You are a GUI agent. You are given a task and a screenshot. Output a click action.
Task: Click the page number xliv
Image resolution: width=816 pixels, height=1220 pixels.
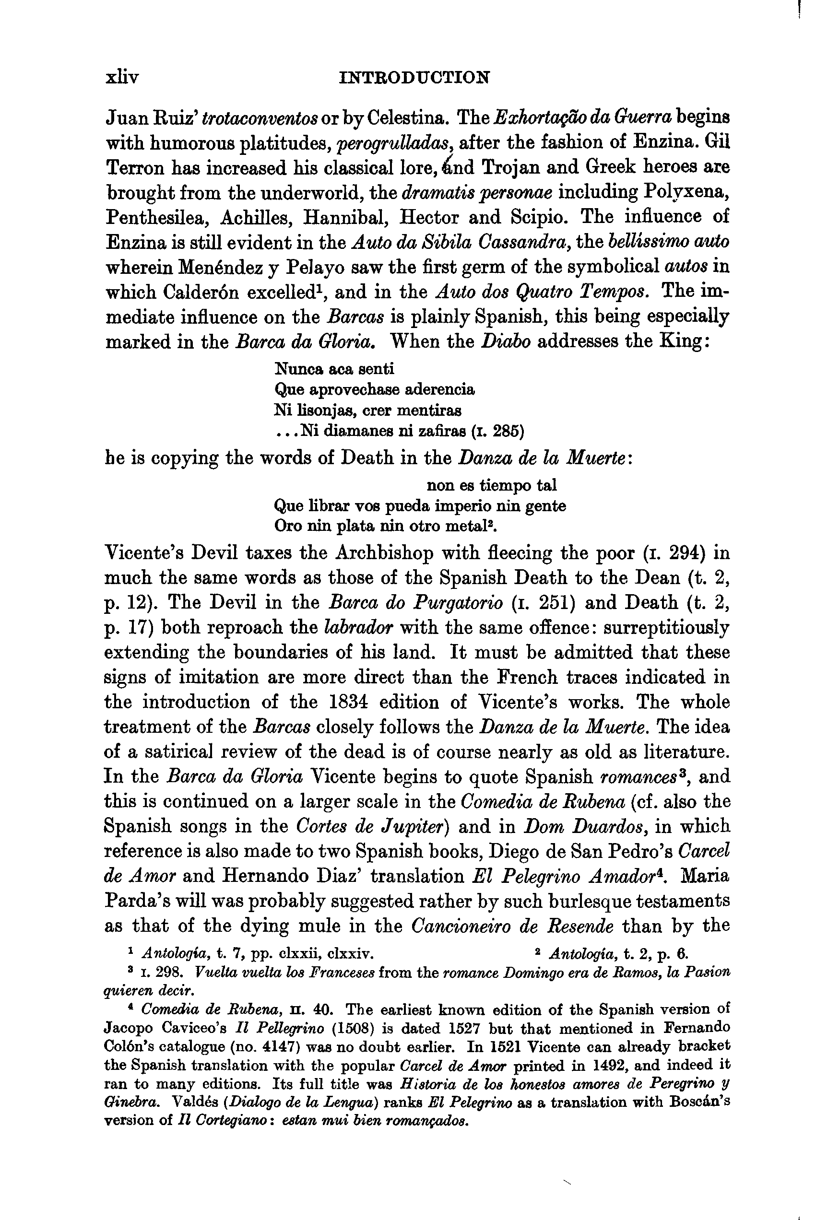(122, 78)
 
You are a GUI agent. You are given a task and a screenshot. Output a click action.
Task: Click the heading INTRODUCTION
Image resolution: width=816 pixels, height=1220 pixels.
(414, 78)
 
